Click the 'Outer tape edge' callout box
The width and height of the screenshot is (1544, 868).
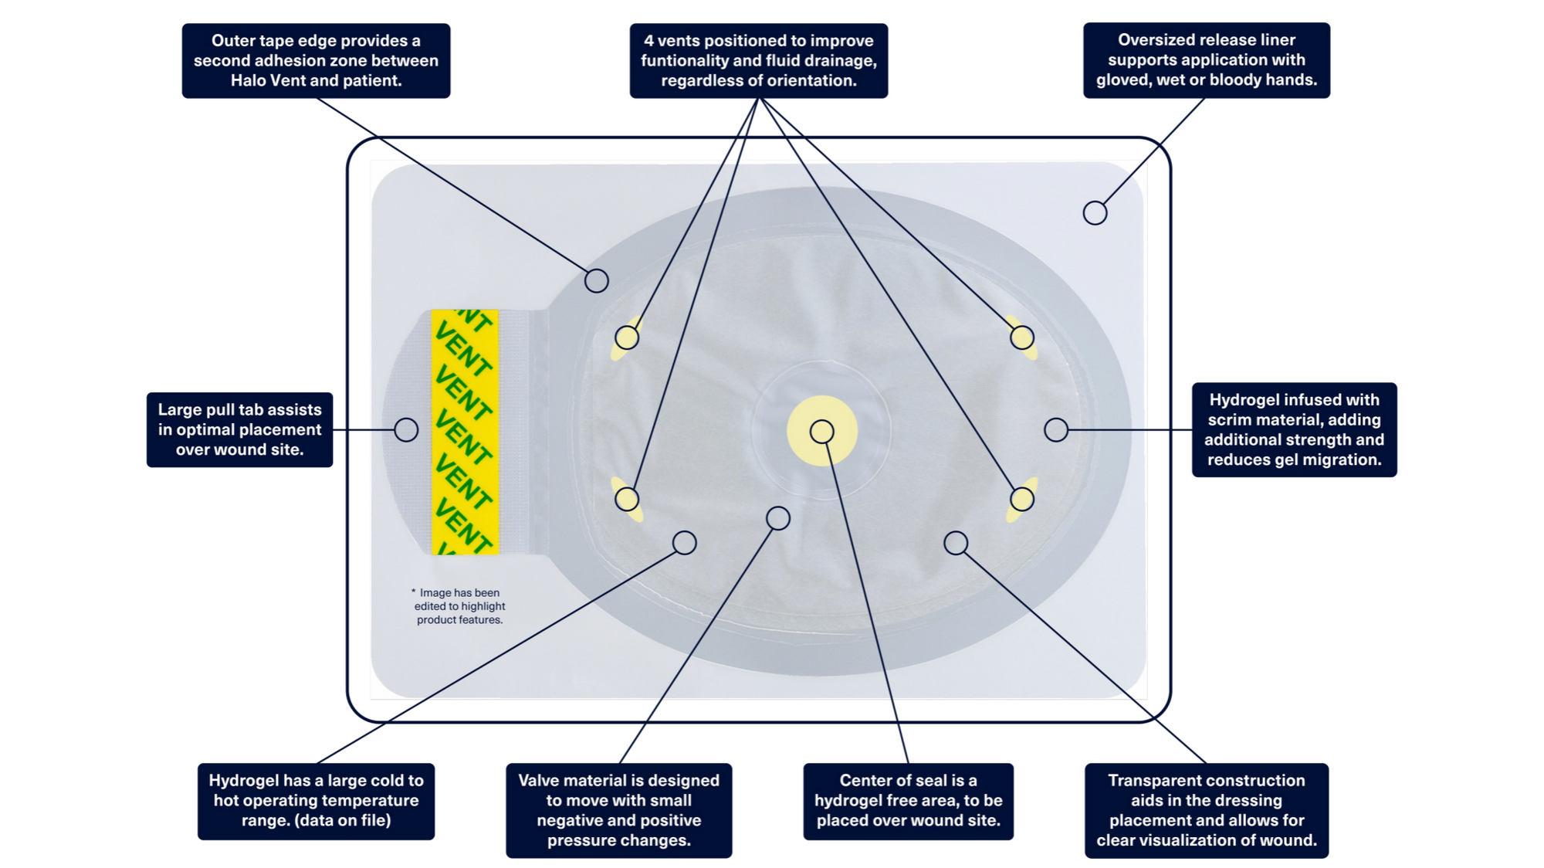pyautogui.click(x=316, y=60)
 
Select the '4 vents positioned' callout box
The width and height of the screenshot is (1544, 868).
pyautogui.click(x=758, y=60)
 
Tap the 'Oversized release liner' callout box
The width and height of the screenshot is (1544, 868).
pyautogui.click(x=1206, y=60)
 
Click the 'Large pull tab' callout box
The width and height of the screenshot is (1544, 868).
pyautogui.click(x=239, y=429)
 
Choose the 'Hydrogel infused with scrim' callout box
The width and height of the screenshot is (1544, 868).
pyautogui.click(x=1294, y=429)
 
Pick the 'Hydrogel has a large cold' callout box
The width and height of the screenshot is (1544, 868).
pyautogui.click(x=316, y=801)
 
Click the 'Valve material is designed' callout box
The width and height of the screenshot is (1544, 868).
pyautogui.click(x=618, y=810)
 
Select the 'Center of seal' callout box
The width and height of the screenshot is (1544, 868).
pyautogui.click(x=908, y=801)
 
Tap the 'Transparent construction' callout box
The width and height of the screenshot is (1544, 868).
pyautogui.click(x=1206, y=810)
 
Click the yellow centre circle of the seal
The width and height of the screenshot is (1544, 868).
pyautogui.click(x=822, y=432)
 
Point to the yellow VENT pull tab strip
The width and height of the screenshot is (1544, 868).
pyautogui.click(x=465, y=432)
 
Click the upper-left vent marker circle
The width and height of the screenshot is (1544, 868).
pyautogui.click(x=627, y=337)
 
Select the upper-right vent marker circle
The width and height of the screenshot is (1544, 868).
pyautogui.click(x=1022, y=337)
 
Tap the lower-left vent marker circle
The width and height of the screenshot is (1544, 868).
pyautogui.click(x=627, y=499)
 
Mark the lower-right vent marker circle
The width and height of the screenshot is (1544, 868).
pyautogui.click(x=1022, y=499)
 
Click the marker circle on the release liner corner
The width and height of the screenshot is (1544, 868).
pyautogui.click(x=1095, y=213)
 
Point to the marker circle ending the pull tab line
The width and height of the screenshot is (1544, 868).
pyautogui.click(x=406, y=430)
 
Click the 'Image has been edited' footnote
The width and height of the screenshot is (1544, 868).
pyautogui.click(x=459, y=606)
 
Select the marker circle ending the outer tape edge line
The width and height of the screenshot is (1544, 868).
pyautogui.click(x=596, y=280)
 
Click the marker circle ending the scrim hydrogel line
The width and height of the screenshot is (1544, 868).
pyautogui.click(x=1056, y=430)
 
